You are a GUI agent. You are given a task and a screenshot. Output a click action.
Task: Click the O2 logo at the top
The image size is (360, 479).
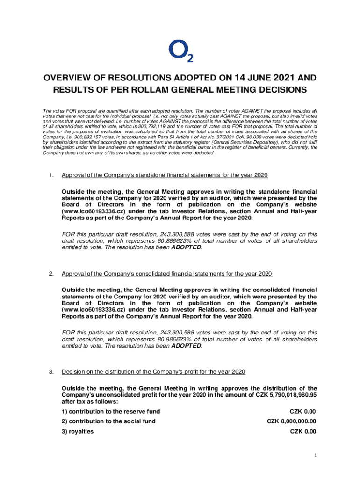(x=180, y=51)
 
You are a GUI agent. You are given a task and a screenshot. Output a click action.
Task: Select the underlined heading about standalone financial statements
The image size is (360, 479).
(x=165, y=175)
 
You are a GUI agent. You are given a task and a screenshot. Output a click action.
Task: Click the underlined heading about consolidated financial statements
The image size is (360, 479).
(x=167, y=274)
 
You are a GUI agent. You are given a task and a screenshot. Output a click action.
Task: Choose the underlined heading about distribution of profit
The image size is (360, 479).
(x=153, y=372)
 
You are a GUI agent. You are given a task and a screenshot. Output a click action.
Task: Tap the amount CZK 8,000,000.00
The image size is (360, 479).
(x=291, y=421)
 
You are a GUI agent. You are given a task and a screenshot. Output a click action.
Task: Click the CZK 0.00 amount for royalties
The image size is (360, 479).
(x=302, y=431)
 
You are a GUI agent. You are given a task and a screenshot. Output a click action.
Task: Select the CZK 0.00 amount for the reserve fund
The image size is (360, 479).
(x=302, y=412)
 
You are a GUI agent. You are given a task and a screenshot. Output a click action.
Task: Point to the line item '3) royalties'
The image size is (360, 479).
(x=78, y=431)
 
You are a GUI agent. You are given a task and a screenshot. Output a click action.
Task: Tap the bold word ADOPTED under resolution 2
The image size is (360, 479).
(x=186, y=346)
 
